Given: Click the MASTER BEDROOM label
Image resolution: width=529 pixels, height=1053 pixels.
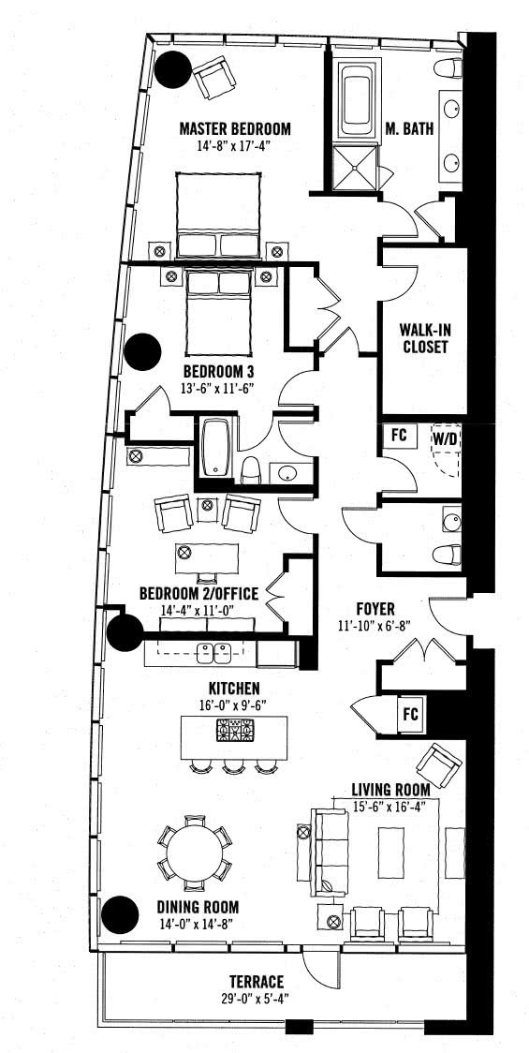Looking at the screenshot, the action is coord(235,128).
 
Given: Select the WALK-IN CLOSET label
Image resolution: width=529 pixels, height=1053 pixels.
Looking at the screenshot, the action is coord(423,339).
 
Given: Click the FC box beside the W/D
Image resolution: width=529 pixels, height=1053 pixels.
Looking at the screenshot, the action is coord(399,434).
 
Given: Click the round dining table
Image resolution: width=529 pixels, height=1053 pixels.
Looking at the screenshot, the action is coord(195,851).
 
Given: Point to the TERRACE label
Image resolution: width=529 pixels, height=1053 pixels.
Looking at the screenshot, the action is coord(256,982).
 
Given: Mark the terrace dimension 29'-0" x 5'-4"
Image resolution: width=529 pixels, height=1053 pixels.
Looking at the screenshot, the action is coord(256,998).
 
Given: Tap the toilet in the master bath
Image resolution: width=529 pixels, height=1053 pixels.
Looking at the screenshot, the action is coord(448,68).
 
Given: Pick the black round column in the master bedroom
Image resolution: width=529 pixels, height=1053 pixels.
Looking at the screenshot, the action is coord(174,69).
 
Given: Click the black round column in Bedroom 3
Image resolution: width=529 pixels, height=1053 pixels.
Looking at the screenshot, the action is coord(142,351).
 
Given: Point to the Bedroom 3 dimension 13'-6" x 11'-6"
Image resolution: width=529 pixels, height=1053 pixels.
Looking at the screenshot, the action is coord(217,388).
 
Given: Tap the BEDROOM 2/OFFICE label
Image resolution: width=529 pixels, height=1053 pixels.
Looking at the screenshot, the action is coord(198,594).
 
